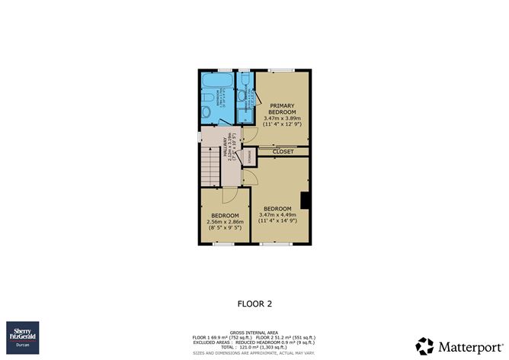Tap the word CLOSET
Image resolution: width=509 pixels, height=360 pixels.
coord(283,152)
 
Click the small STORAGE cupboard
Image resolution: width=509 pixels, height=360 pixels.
coord(248,157)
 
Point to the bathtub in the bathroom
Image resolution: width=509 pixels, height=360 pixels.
coord(216,79)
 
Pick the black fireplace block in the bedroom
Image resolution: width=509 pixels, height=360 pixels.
coord(305,200)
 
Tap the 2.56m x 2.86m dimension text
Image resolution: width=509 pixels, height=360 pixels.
coord(226,221)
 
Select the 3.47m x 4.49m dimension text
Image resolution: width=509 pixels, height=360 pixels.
coord(277,215)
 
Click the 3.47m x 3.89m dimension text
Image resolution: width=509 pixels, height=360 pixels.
coord(283,119)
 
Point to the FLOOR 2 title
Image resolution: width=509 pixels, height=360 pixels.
coord(254,303)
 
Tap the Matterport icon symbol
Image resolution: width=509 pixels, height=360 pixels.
coord(424,345)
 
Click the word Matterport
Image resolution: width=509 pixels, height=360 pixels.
coord(466,345)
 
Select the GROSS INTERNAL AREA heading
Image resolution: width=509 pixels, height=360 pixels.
coord(254,330)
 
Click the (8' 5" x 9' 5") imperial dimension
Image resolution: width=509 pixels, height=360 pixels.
coord(226,227)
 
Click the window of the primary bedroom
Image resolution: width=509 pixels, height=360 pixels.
coord(283,72)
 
